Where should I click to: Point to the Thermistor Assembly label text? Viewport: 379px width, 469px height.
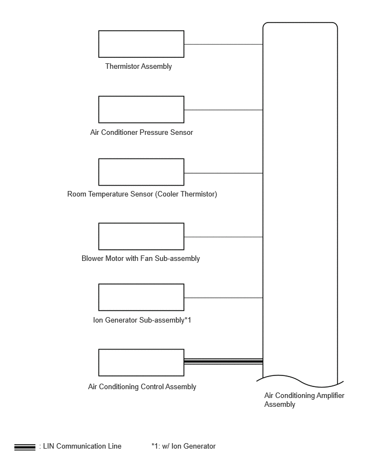pyautogui.click(x=139, y=67)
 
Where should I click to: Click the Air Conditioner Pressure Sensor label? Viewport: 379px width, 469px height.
pyautogui.click(x=142, y=132)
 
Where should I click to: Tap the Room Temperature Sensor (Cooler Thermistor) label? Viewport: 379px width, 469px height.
pyautogui.click(x=142, y=194)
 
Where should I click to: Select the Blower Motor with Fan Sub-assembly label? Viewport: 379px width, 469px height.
pyautogui.click(x=140, y=258)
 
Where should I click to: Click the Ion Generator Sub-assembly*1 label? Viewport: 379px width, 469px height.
pyautogui.click(x=142, y=320)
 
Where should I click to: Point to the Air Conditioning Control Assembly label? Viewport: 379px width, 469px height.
pyautogui.click(x=142, y=387)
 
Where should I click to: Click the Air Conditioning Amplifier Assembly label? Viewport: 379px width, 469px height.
pyautogui.click(x=304, y=400)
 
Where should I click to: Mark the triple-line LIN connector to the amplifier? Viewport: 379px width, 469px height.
pyautogui.click(x=224, y=361)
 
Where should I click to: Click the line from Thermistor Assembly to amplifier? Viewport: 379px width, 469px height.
pyautogui.click(x=224, y=44)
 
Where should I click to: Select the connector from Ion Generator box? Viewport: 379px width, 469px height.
pyautogui.click(x=224, y=298)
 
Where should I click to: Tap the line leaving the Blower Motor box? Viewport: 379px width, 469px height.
pyautogui.click(x=224, y=237)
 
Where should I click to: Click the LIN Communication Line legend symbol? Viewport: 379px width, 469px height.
pyautogui.click(x=25, y=447)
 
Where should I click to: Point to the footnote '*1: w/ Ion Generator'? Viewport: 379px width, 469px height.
pyautogui.click(x=183, y=446)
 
